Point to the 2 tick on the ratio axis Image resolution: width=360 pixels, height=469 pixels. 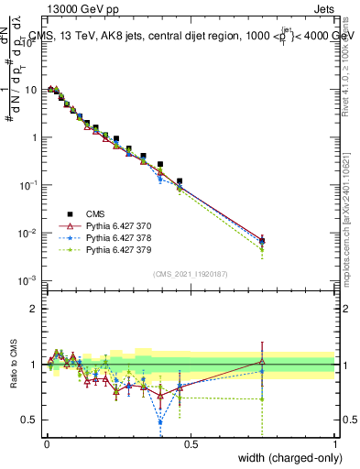[32, 308]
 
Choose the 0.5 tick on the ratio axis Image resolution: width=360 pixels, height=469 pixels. [28, 420]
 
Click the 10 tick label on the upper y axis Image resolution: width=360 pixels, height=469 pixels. [29, 90]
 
